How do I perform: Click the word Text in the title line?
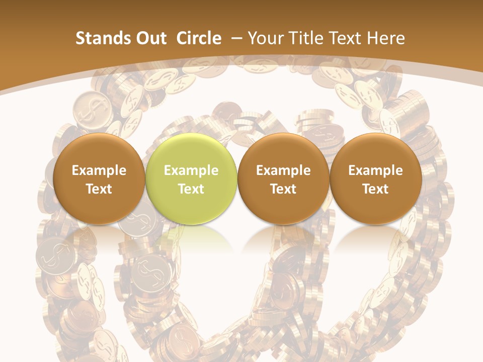(x=347, y=38)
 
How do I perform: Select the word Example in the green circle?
(x=191, y=170)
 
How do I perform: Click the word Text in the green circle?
(x=191, y=189)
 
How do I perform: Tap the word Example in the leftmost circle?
(x=99, y=170)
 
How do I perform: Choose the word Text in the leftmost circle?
(x=99, y=189)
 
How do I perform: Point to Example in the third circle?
(x=283, y=170)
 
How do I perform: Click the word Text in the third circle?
(x=283, y=189)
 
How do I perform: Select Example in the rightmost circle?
(x=375, y=170)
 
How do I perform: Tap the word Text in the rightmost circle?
(x=375, y=189)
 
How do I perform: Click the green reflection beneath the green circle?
(x=191, y=236)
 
